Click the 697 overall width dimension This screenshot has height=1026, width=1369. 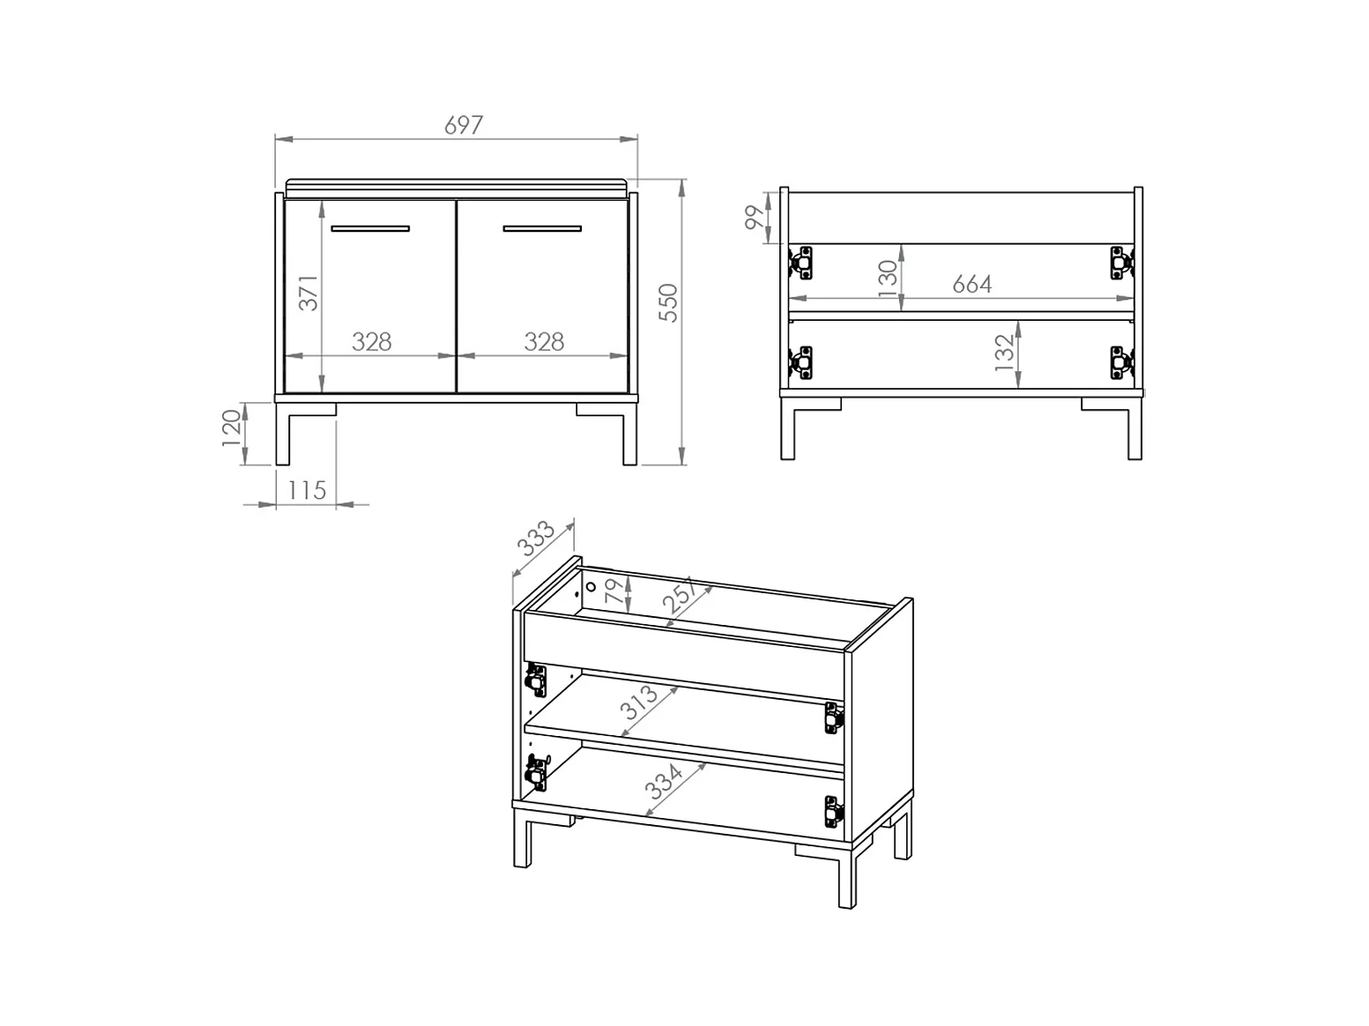tap(464, 125)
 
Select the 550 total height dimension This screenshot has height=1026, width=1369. tap(668, 303)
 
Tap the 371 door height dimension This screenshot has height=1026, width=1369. tap(309, 293)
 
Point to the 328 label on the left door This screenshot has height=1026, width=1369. tap(372, 342)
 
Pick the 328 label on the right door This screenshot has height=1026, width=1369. tap(544, 342)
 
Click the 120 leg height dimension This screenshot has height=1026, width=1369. tap(231, 427)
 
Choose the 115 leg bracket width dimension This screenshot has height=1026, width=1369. tap(307, 490)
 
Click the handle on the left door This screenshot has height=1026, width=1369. tap(370, 229)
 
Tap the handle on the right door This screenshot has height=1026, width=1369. tap(542, 229)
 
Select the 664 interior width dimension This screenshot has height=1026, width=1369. tap(971, 284)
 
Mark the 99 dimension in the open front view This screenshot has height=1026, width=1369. tap(755, 217)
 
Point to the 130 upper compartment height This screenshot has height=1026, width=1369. tap(887, 278)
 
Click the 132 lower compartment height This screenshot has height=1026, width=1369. tap(1004, 353)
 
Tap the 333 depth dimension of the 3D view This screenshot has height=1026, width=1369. tap(536, 538)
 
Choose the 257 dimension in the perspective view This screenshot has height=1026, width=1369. tap(680, 594)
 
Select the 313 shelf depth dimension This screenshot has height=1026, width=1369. tap(638, 703)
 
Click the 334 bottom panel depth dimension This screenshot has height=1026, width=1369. tap(664, 782)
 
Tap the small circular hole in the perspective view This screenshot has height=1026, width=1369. tap(591, 586)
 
